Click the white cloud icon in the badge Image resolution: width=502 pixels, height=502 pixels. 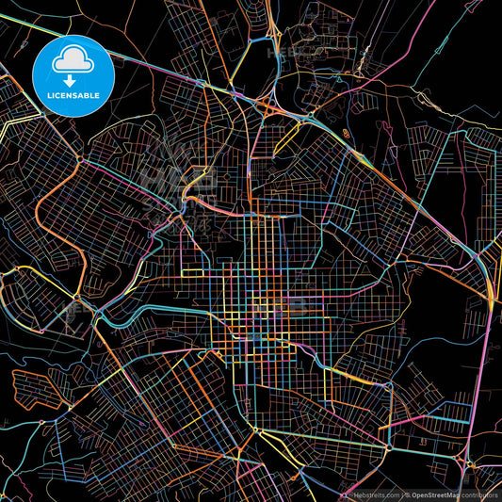73,61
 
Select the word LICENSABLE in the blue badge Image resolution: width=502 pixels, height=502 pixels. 73,96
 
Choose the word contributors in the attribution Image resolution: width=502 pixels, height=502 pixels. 479,494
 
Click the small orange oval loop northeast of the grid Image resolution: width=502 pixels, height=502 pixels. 347,134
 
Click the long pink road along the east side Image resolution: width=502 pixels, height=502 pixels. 488,377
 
